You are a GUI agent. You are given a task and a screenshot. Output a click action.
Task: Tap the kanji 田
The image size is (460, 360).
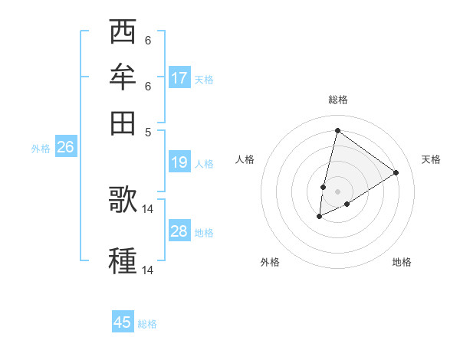(123, 122)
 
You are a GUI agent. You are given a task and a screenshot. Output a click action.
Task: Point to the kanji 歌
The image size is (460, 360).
(123, 198)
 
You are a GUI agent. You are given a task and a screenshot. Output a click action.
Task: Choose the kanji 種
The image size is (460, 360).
(123, 260)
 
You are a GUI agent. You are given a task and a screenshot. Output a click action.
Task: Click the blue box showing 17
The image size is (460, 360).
(179, 77)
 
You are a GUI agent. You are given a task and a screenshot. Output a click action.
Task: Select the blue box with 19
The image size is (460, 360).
(179, 162)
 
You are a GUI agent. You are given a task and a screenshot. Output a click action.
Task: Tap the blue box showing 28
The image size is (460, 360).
(179, 231)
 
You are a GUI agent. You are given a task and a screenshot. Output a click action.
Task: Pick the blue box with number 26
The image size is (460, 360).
(65, 147)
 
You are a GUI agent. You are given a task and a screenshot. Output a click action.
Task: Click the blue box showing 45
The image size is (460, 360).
(123, 322)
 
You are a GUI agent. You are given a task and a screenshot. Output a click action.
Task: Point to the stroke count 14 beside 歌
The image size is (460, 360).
(148, 208)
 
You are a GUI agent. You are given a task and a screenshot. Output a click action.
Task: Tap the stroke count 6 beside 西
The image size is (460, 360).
(148, 41)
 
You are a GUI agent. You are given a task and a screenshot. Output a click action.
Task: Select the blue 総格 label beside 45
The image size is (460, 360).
(147, 324)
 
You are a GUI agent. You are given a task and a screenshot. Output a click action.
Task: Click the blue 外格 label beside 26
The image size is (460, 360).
(41, 149)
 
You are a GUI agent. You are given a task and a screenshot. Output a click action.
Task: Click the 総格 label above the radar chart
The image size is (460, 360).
(337, 100)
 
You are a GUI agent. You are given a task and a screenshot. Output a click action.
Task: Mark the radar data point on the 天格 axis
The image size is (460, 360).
(396, 172)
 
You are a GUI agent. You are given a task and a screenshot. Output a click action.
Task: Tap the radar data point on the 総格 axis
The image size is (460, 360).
(337, 130)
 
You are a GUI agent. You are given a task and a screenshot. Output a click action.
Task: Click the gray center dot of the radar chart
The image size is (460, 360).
(337, 191)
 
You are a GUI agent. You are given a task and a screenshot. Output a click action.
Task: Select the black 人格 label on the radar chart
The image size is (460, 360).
(245, 159)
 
